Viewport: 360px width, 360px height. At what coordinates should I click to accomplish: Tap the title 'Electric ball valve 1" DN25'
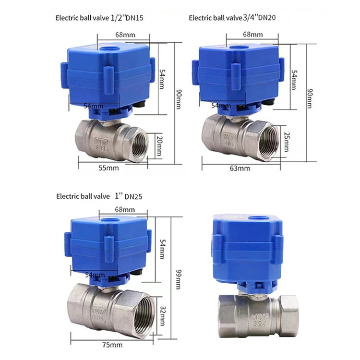99,196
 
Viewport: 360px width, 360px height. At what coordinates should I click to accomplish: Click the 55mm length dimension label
109,168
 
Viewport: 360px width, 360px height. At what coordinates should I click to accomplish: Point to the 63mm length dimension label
240,168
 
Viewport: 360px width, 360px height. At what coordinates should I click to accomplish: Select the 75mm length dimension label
112,345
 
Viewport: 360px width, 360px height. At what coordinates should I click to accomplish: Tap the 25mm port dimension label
287,141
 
